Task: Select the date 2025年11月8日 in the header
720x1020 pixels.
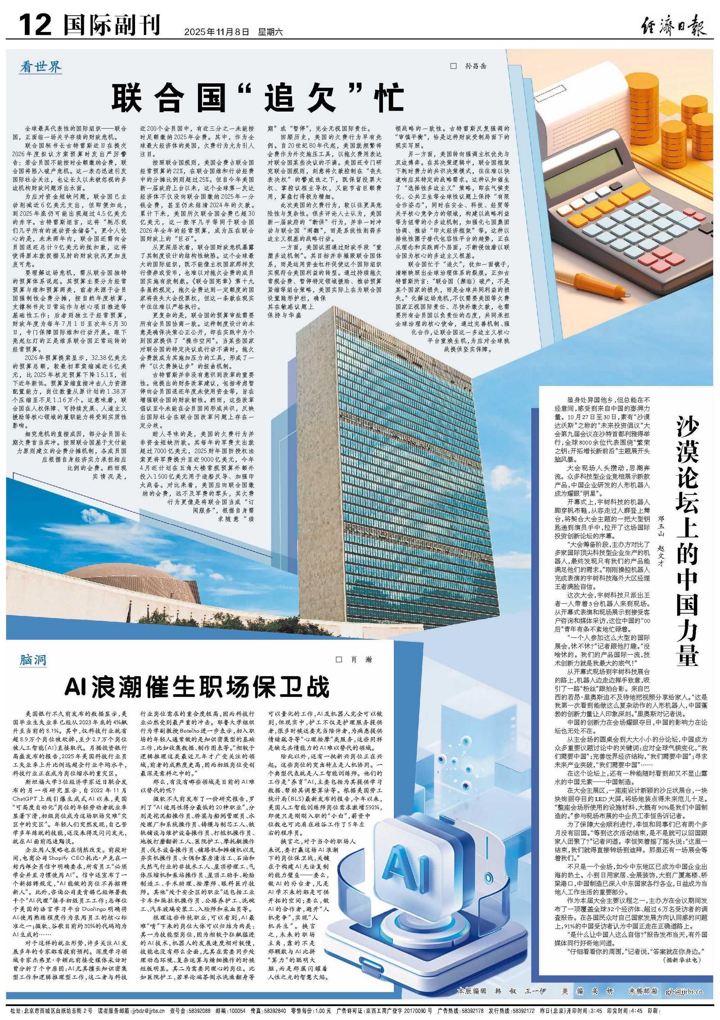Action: coord(216,32)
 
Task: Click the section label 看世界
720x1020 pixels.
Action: coord(41,67)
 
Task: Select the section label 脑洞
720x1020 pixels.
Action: coord(32,660)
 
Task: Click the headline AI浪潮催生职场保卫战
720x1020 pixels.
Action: coord(197,687)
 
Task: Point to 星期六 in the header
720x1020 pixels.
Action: coord(270,32)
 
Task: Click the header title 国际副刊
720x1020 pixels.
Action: coord(112,25)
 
